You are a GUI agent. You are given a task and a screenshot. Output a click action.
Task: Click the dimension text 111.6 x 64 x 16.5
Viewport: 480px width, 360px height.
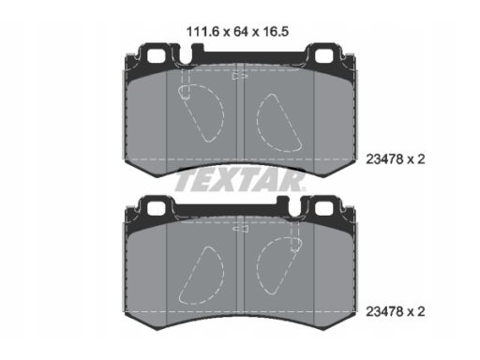click(x=237, y=32)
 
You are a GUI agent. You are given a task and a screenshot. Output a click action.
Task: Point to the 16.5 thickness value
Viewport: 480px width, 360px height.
click(x=276, y=32)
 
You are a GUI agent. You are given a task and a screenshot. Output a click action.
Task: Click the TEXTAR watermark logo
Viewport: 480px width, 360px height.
click(x=239, y=180)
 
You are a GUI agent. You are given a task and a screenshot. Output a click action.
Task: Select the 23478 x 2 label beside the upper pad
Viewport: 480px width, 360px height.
click(x=396, y=159)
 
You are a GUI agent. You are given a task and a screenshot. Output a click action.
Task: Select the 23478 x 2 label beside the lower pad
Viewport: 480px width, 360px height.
click(x=396, y=311)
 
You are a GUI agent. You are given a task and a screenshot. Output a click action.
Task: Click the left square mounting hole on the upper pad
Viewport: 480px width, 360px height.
click(x=156, y=56)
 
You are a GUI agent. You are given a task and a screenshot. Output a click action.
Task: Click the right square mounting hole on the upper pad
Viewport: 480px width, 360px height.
click(x=323, y=56)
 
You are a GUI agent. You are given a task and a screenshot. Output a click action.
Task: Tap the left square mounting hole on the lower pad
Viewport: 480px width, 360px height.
click(x=156, y=208)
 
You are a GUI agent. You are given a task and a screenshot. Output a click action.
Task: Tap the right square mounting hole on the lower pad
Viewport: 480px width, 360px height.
click(x=323, y=208)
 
